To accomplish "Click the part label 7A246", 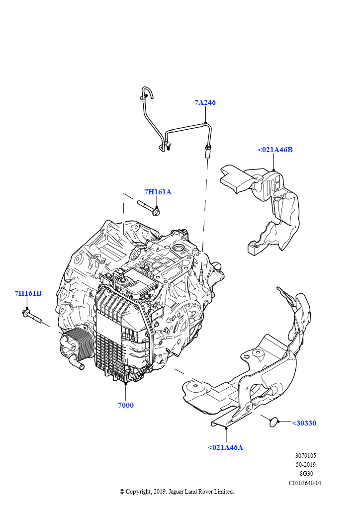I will pyautogui.click(x=205, y=103).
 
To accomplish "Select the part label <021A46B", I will pyautogui.click(x=275, y=150).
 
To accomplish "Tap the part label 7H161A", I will pyautogui.click(x=158, y=192).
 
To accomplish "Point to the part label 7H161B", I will pyautogui.click(x=28, y=293).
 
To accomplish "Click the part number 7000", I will pyautogui.click(x=126, y=405).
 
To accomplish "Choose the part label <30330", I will pyautogui.click(x=303, y=423).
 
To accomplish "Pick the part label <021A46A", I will pyautogui.click(x=225, y=447).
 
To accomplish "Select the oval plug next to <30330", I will pyautogui.click(x=272, y=422).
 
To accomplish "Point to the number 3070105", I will pyautogui.click(x=305, y=455).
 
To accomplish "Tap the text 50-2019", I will pyautogui.click(x=306, y=464).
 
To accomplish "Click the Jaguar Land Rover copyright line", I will pyautogui.click(x=177, y=492).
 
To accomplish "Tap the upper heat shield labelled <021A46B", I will pyautogui.click(x=269, y=204).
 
